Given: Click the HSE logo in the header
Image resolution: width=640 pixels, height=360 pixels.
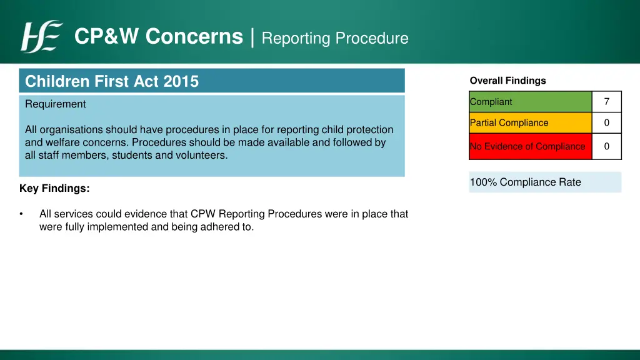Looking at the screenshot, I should tap(41, 37).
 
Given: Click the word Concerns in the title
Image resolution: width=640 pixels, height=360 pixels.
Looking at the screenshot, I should tap(194, 37).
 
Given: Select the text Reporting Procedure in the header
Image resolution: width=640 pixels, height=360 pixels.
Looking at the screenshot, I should tap(334, 38).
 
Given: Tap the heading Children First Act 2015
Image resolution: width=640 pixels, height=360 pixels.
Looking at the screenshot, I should tap(112, 81).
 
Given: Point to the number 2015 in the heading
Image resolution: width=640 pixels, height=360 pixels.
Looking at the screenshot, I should tap(181, 81).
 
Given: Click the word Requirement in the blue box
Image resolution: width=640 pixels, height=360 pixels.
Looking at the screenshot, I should tap(56, 104).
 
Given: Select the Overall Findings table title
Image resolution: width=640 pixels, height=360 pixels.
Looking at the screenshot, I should tap(507, 81).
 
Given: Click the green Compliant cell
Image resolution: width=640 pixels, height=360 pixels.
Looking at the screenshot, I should tap(530, 102).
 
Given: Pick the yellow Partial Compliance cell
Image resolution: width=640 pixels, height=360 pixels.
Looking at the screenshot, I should tap(530, 123).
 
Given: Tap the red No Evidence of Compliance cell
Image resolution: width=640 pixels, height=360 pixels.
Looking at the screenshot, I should tap(530, 146).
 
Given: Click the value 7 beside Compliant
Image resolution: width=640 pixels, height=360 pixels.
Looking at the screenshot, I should tap(606, 102).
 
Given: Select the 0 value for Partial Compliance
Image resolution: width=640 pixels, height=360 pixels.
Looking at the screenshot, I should tap(606, 123).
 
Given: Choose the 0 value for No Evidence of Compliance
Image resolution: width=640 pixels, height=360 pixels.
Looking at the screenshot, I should tap(606, 146).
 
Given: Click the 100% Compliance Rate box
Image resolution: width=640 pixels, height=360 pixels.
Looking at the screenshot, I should tap(545, 182).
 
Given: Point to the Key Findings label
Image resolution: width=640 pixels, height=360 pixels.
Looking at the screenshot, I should tap(54, 188).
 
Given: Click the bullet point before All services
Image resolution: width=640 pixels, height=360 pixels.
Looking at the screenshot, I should tap(22, 214).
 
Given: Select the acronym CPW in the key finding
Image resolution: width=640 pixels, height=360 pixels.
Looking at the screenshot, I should tap(202, 214).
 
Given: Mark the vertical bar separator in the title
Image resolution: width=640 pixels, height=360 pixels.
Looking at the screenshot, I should tap(252, 37).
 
